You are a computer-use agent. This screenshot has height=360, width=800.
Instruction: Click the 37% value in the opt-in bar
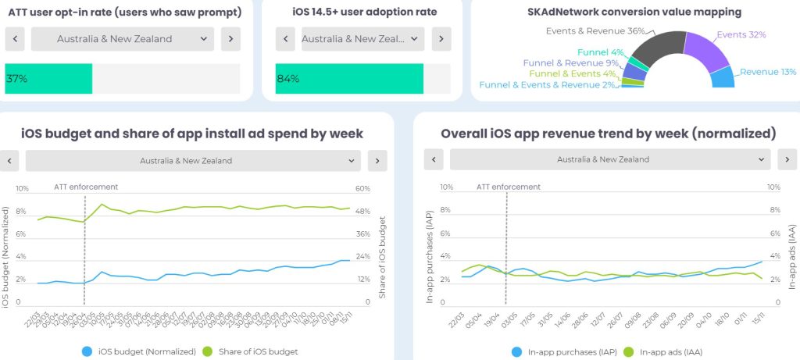(16, 79)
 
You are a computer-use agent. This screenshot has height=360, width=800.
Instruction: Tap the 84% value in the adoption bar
(288, 79)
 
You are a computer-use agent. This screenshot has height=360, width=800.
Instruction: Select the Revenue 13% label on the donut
(767, 72)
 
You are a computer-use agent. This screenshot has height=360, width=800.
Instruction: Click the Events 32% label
(741, 35)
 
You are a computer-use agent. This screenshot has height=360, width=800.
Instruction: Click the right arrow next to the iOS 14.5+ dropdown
(441, 39)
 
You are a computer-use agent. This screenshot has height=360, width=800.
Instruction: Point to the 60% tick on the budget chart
(362, 188)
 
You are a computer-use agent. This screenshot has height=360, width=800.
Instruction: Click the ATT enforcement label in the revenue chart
(508, 187)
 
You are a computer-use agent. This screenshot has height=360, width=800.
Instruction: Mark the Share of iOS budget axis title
(383, 246)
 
